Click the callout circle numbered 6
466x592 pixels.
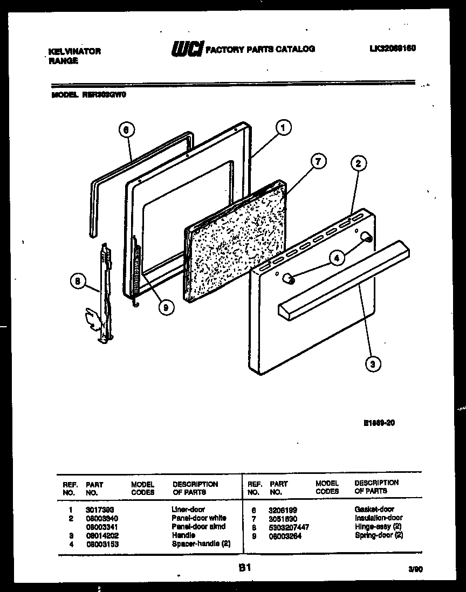click(125, 129)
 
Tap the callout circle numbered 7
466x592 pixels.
click(319, 161)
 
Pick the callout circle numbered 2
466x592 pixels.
click(358, 163)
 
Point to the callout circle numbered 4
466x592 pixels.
click(337, 258)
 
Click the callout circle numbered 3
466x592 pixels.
click(371, 364)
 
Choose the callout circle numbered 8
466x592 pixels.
click(78, 281)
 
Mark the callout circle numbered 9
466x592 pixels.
click(167, 307)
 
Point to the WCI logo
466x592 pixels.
click(187, 50)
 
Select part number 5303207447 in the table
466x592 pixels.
click(289, 527)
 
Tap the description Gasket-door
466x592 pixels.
click(374, 509)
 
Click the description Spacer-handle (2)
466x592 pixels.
click(201, 544)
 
